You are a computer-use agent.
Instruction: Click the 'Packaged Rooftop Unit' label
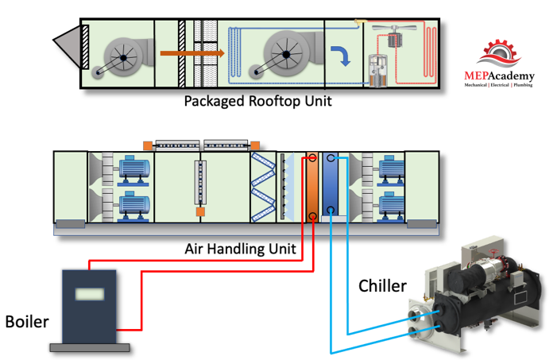pos(257,102)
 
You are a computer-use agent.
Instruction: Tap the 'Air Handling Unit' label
pos(240,249)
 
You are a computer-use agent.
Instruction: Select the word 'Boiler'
pos(26,322)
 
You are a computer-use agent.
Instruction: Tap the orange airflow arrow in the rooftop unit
pos(191,54)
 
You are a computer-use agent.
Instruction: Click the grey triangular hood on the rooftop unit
pos(67,46)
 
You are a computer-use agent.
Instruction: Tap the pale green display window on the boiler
pos(89,293)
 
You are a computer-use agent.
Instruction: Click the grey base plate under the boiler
pos(89,346)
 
